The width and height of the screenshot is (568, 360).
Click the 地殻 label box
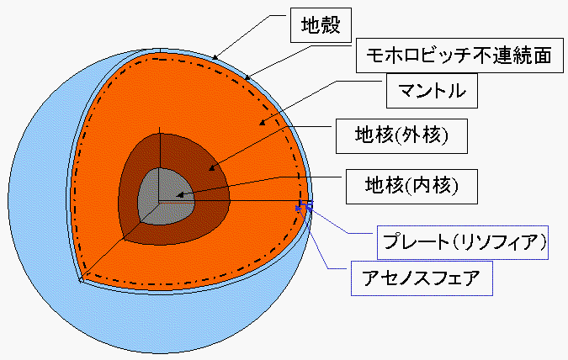[321, 25]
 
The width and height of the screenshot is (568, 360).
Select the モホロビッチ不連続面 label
[459, 56]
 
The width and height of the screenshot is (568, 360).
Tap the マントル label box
[432, 91]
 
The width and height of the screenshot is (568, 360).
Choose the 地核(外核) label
[401, 136]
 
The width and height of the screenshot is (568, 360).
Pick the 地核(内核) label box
[411, 187]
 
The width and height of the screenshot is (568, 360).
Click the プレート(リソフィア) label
[463, 242]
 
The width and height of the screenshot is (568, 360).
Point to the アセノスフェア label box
[422, 278]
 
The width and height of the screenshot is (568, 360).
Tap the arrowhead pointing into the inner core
[179, 195]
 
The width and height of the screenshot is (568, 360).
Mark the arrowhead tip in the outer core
[209, 170]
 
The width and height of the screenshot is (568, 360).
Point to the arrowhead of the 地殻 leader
[215, 57]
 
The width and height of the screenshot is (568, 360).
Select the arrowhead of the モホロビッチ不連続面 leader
[247, 77]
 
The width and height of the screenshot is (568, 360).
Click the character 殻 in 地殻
[331, 25]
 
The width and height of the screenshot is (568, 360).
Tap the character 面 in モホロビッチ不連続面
[542, 56]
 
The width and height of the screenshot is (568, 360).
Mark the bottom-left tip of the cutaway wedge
[81, 281]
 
